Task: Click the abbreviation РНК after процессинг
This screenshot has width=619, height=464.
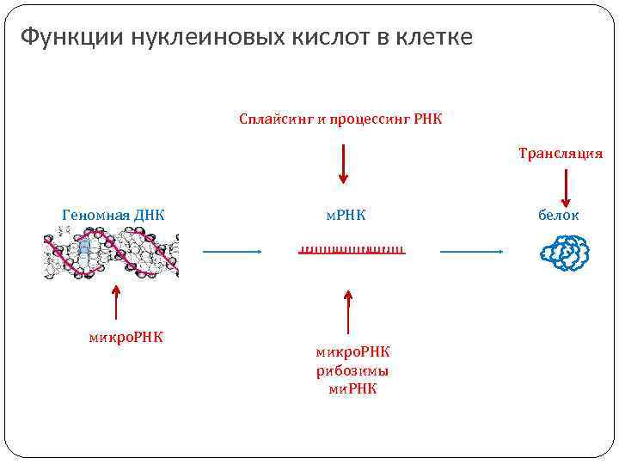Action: click(x=427, y=119)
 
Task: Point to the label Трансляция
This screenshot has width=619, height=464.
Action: click(x=561, y=154)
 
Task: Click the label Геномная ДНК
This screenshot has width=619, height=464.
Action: click(x=113, y=215)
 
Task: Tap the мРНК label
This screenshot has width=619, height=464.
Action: click(x=346, y=215)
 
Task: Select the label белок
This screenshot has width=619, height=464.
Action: click(x=559, y=215)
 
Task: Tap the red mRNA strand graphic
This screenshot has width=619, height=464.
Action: click(x=352, y=251)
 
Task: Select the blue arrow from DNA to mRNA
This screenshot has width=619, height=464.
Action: click(x=232, y=252)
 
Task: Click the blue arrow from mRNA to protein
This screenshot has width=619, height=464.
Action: click(x=471, y=252)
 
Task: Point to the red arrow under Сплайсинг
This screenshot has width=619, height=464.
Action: click(x=344, y=163)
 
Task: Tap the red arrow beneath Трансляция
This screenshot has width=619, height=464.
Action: click(x=567, y=186)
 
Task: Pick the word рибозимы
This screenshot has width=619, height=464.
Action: click(x=352, y=370)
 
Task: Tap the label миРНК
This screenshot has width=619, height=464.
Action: click(x=352, y=388)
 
